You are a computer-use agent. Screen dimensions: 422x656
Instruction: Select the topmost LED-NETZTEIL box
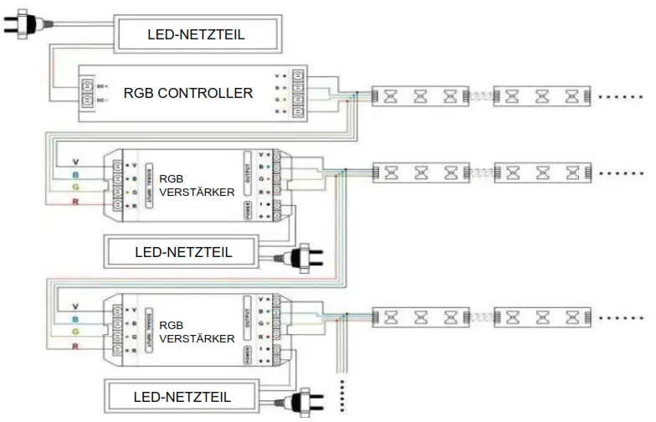coord(196,34)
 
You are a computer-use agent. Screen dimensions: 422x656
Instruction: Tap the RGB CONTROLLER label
coord(187,93)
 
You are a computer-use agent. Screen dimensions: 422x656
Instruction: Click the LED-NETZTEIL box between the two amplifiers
coord(183,251)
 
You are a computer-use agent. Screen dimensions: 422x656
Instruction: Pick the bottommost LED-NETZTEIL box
coord(183,395)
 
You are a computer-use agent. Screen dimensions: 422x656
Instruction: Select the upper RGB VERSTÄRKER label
coord(183,185)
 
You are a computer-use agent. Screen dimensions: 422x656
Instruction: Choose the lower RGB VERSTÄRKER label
coord(183,332)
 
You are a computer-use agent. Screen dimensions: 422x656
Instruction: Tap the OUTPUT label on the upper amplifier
coord(248,172)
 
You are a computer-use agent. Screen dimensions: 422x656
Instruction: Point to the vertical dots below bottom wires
coord(343,393)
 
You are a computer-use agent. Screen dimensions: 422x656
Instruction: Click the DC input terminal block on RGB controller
coord(87,93)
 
